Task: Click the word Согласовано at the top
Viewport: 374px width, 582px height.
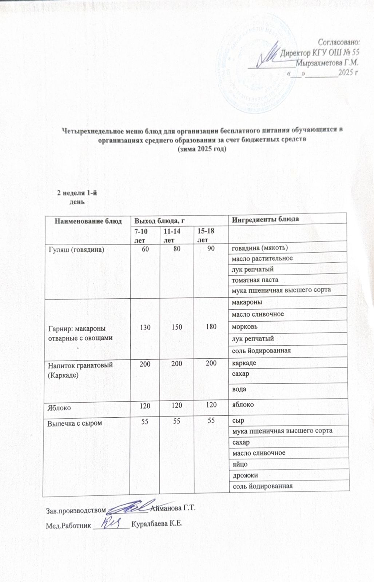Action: [x=339, y=41]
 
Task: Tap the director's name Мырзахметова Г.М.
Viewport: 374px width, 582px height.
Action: [x=327, y=62]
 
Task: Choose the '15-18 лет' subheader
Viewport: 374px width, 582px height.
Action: [x=205, y=235]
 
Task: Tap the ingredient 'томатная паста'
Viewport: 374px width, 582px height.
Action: [x=255, y=280]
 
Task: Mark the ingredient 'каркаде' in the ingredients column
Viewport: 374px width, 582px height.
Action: [x=244, y=363]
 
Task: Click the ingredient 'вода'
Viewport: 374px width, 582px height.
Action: [x=239, y=389]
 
